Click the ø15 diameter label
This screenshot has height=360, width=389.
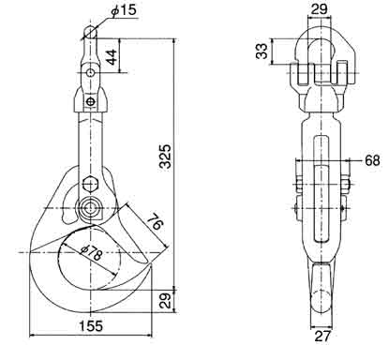[124, 10]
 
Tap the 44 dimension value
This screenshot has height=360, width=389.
[112, 56]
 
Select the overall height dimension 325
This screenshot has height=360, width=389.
[165, 157]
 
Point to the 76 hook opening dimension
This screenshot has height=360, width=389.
[156, 221]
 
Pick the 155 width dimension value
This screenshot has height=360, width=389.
[90, 326]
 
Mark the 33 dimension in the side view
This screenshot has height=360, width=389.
[262, 52]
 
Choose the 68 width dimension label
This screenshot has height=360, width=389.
[371, 160]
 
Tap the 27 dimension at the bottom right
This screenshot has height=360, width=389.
[322, 337]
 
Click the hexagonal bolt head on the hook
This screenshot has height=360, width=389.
[91, 185]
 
